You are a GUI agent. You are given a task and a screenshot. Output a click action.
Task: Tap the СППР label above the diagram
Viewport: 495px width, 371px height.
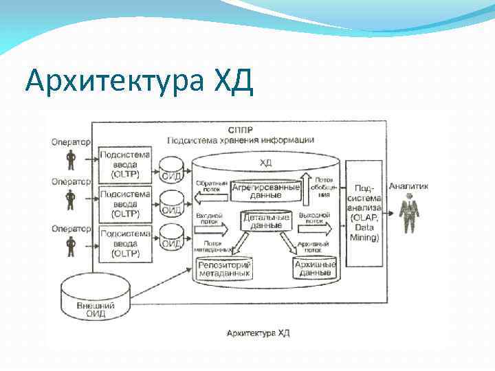pyautogui.click(x=240, y=129)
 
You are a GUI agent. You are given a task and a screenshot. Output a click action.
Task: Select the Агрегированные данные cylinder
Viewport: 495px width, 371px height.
pyautogui.click(x=265, y=190)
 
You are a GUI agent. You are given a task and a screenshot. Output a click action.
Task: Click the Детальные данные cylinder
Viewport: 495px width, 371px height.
pyautogui.click(x=265, y=221)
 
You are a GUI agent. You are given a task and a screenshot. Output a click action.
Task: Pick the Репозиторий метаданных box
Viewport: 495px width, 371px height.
pyautogui.click(x=224, y=269)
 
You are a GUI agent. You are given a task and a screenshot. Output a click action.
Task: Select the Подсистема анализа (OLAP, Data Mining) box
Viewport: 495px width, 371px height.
pyautogui.click(x=364, y=212)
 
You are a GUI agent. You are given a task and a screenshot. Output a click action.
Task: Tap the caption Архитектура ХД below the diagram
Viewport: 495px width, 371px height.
pyautogui.click(x=258, y=333)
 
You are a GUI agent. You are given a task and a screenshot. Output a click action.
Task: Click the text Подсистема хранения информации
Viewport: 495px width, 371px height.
pyautogui.click(x=241, y=139)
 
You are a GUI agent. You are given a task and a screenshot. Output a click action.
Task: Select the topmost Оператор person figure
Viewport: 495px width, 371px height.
pyautogui.click(x=70, y=160)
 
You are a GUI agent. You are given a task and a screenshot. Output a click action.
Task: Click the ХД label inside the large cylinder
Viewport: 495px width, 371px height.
pyautogui.click(x=265, y=162)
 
